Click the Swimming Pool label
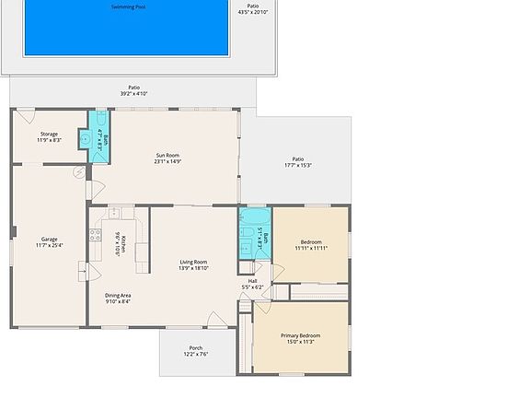tap(127, 6)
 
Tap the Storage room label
tap(49, 135)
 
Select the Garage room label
tap(49, 240)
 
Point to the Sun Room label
tap(167, 155)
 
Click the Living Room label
tap(193, 262)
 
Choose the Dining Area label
tap(118, 296)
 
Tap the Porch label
tap(195, 348)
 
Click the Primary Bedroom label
tap(301, 335)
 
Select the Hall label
tap(252, 281)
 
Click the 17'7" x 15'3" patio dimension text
tap(297, 165)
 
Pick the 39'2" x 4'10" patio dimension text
tap(134, 93)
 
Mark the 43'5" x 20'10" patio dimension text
tap(252, 12)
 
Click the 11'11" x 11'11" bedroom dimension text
tap(311, 248)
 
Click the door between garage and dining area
tap(86, 272)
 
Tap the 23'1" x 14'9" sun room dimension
tap(167, 161)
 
